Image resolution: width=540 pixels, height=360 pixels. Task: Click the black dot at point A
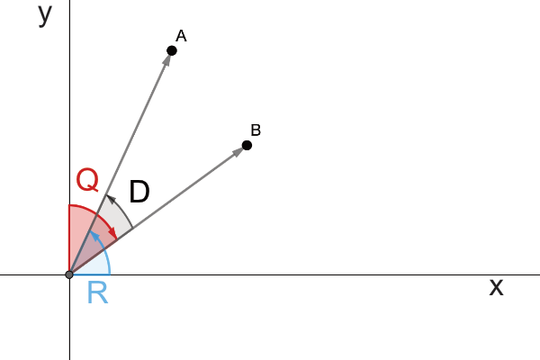click(172, 51)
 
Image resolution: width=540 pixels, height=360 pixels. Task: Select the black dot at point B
click(247, 146)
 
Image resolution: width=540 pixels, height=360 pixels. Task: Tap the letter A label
click(181, 36)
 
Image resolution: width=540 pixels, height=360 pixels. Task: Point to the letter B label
click(256, 130)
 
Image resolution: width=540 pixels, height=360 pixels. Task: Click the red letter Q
click(88, 180)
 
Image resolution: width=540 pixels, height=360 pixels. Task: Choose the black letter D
click(139, 192)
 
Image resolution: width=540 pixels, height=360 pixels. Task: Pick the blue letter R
click(98, 292)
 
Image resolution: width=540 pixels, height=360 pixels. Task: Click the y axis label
click(45, 14)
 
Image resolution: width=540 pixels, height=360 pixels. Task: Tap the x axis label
click(496, 286)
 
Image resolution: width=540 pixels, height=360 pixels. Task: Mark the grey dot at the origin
click(69, 274)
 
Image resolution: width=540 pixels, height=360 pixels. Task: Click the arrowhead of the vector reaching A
click(166, 59)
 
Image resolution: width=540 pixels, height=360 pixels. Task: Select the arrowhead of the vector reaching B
click(238, 151)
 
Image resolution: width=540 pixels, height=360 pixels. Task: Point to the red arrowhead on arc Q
click(113, 233)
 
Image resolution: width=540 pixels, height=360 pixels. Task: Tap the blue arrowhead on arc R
click(94, 236)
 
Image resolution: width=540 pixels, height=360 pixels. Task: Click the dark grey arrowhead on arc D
click(111, 199)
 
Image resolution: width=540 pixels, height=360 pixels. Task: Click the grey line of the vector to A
click(121, 163)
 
